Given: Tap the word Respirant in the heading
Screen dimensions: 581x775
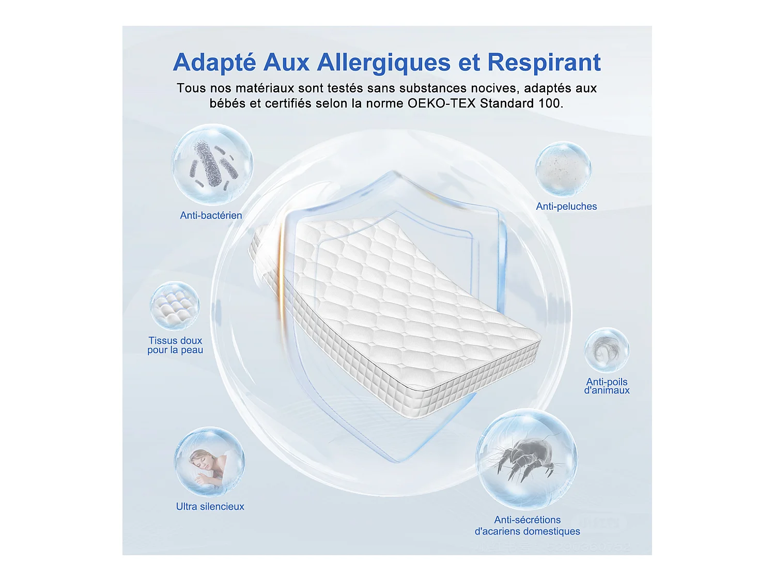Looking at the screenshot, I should pos(544,62).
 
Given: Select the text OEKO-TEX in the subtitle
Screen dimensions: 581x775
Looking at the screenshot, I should pos(441,103).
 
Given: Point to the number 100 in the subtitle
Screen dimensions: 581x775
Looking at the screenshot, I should pos(549,103).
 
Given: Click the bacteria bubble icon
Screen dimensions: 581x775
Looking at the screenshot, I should pos(212,164).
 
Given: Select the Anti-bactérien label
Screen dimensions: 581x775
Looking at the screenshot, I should pos(211,215).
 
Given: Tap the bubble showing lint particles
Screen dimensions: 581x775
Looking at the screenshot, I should pos(563,169).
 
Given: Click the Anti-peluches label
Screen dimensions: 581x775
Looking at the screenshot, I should pos(566,207).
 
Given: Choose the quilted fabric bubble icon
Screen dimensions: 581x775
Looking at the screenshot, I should pos(175,306).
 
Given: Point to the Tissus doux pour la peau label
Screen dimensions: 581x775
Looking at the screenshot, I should pos(175,345).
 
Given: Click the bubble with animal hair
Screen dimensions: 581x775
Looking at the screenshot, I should pos(607,350).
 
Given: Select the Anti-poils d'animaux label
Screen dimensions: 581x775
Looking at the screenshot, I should pos(607,386).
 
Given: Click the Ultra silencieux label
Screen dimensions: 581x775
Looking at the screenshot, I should pos(210,507).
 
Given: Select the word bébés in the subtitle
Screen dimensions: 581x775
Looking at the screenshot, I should pos(227,103).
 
